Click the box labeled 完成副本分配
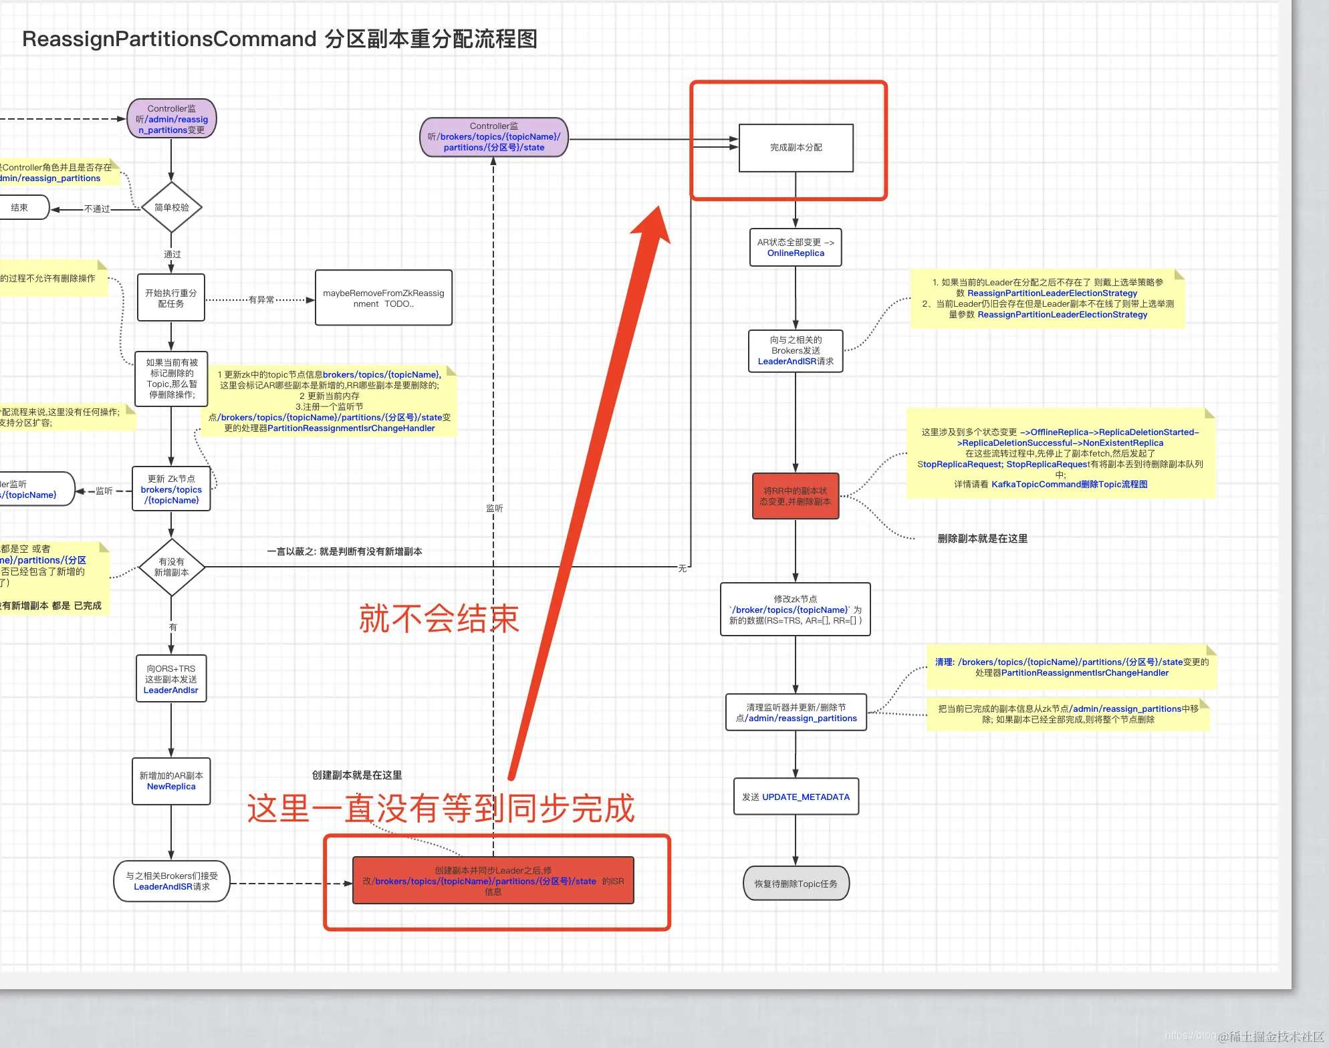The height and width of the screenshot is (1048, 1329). pos(796,148)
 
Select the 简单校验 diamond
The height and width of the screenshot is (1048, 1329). pos(172,208)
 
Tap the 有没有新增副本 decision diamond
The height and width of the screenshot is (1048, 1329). pos(172,567)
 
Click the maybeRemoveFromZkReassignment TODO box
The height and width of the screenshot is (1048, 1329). pos(383,298)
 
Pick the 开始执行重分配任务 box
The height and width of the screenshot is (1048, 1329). pos(171,298)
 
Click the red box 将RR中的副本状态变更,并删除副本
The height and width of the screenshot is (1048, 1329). pos(796,496)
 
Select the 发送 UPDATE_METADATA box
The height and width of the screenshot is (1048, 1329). pos(796,797)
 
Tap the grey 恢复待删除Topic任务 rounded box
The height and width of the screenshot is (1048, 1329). pos(796,884)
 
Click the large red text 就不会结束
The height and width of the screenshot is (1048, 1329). pos(439,618)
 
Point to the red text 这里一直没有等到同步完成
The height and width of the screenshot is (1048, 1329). pos(441,809)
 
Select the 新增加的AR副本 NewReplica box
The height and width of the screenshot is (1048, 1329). pos(171,781)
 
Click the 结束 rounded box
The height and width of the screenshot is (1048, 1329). pos(20,208)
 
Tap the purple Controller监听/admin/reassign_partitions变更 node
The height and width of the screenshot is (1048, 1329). pos(172,119)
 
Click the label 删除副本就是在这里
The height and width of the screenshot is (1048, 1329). pos(982,539)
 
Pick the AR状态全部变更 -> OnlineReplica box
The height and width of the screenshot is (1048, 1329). pos(796,247)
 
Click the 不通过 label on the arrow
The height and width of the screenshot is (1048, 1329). pos(97,209)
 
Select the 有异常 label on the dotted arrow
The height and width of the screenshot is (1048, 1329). pos(261,300)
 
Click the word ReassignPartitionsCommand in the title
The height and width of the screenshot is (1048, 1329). pos(169,39)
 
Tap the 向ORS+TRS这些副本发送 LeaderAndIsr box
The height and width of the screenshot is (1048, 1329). pos(171,679)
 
